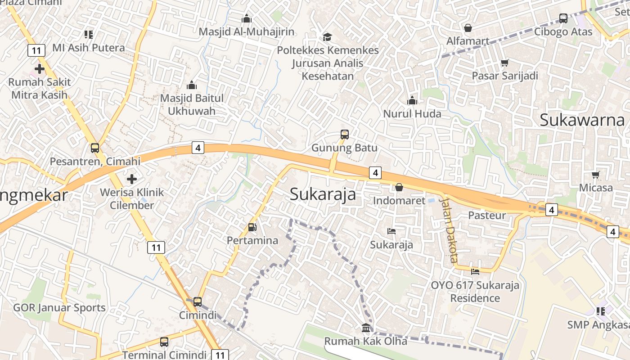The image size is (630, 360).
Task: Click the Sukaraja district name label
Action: [x=323, y=194]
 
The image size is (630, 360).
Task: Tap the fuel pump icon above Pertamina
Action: [x=252, y=227]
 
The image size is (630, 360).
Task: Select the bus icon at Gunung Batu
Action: [x=345, y=134]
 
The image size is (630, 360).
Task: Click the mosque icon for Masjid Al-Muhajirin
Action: [x=247, y=18]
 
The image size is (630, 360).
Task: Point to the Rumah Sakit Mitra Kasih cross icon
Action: [x=40, y=69]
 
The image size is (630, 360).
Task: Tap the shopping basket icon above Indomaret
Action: [x=399, y=187]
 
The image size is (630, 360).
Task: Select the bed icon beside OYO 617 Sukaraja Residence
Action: [x=475, y=271]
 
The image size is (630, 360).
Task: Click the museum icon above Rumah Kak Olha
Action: [x=366, y=328]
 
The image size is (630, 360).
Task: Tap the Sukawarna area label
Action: [x=582, y=120]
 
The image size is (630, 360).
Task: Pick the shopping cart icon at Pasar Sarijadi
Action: [x=505, y=63]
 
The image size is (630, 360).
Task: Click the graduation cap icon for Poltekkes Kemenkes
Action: [x=327, y=37]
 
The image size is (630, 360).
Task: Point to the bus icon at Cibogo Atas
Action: [x=563, y=18]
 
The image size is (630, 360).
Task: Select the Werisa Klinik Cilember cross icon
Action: [x=132, y=179]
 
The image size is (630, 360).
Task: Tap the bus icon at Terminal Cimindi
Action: [x=164, y=342]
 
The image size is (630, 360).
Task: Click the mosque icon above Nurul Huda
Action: [x=412, y=100]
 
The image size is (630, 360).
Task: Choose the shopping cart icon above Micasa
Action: [x=596, y=175]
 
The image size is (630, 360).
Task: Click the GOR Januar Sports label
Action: [x=59, y=308]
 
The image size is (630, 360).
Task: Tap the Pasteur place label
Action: [x=487, y=216]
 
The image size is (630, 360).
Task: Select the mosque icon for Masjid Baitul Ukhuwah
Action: [x=192, y=85]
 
